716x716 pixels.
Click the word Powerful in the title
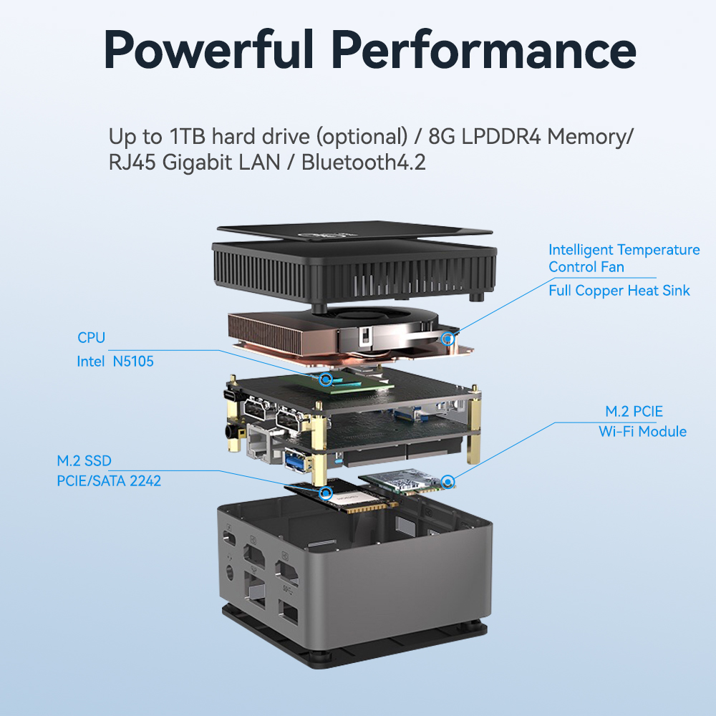click(x=209, y=49)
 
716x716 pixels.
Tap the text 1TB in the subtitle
click(x=187, y=136)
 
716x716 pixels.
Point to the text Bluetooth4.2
click(x=364, y=162)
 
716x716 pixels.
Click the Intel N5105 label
click(x=115, y=361)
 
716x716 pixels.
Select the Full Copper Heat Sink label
click(x=619, y=291)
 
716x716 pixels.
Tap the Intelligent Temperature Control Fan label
click(x=624, y=258)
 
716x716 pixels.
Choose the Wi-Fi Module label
click(x=642, y=432)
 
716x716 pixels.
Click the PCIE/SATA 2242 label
click(x=109, y=481)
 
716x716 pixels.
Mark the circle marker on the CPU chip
click(x=326, y=379)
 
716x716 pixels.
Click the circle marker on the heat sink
click(x=448, y=339)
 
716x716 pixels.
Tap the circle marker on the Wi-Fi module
click(x=448, y=482)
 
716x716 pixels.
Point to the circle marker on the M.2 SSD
click(x=326, y=493)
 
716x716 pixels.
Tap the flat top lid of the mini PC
click(x=354, y=231)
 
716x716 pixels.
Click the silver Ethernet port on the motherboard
click(x=258, y=442)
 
